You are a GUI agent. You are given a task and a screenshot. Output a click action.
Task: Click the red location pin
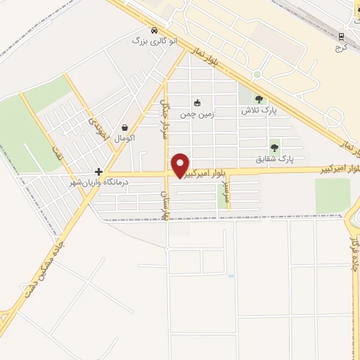pyautogui.click(x=181, y=163)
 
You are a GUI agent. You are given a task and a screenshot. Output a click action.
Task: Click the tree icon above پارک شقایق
pyautogui.click(x=274, y=148)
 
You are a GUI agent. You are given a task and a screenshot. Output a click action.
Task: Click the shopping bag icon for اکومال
pyautogui.click(x=125, y=128)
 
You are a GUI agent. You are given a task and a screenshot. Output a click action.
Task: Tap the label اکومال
pyautogui.click(x=124, y=139)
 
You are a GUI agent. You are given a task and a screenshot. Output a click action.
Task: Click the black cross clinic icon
pyautogui.click(x=99, y=172)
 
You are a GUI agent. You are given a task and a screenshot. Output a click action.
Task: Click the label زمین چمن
pyautogui.click(x=196, y=114)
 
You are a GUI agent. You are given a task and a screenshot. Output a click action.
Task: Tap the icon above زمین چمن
pyautogui.click(x=197, y=103)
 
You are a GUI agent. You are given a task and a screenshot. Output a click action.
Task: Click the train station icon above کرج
pyautogui.click(x=342, y=36)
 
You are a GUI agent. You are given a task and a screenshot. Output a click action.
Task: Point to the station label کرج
pyautogui.click(x=342, y=48)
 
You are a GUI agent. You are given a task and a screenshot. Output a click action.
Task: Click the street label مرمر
pyautogui.click(x=226, y=190)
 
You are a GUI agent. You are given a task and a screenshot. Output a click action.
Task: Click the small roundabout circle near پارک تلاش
pyautogui.click(x=257, y=75)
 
